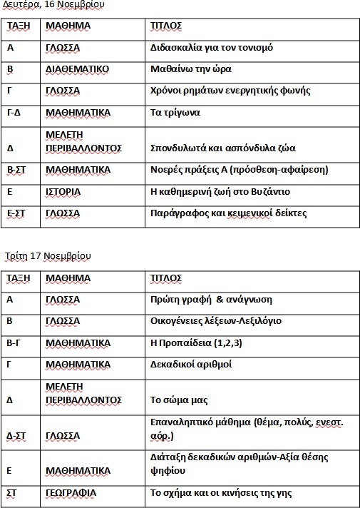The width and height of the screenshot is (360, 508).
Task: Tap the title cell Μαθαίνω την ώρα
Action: click(191, 69)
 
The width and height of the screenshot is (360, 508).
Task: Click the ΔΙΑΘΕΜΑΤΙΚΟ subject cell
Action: click(76, 69)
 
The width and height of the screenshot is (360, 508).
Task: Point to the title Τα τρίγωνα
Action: click(175, 112)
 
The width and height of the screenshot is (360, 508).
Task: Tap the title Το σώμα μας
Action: click(179, 400)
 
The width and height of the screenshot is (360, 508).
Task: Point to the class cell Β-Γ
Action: click(14, 342)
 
